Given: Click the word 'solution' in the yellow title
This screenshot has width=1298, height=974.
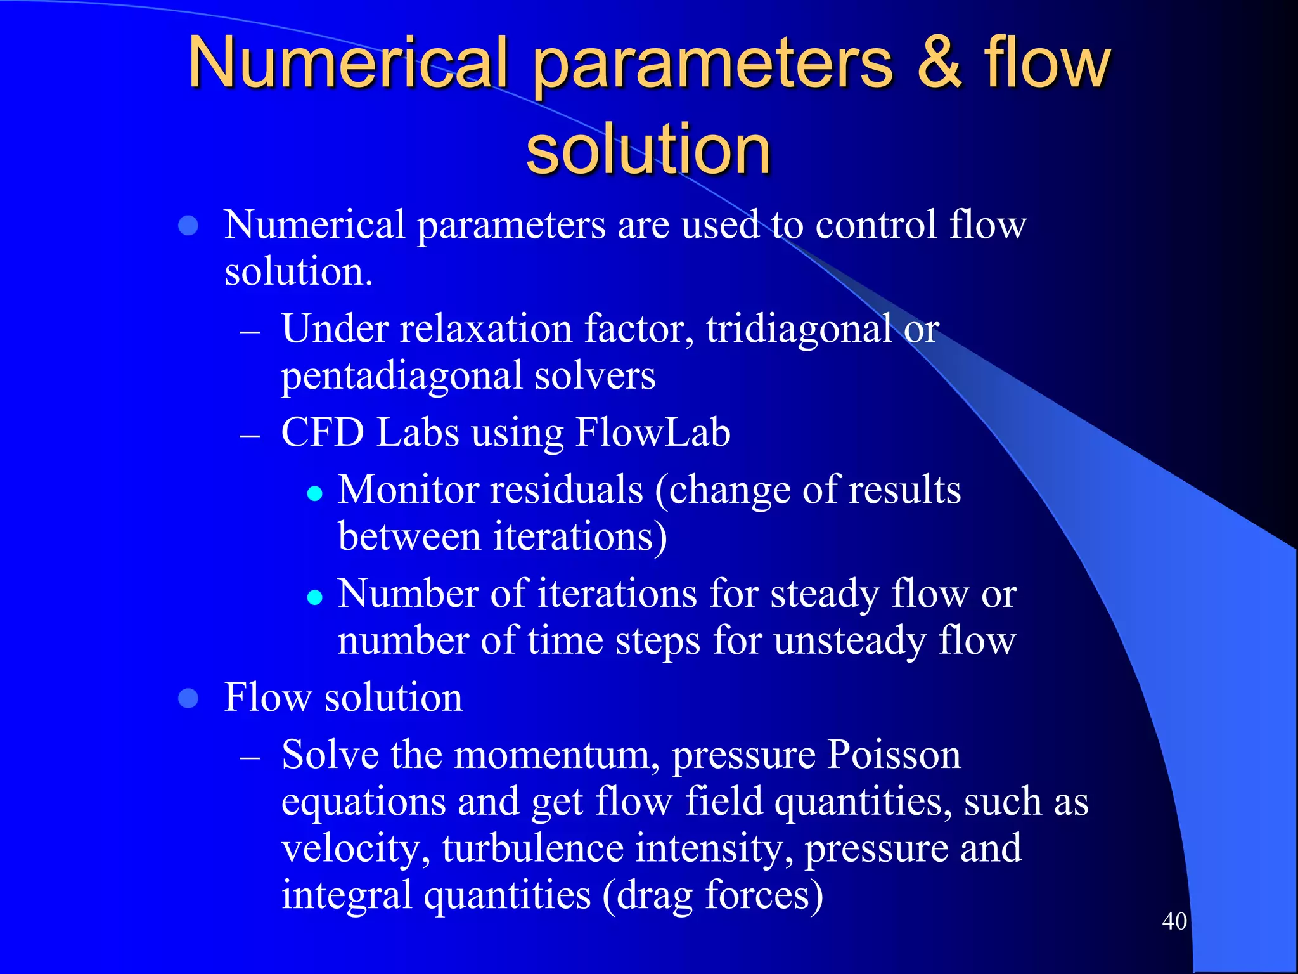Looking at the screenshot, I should click(x=648, y=150).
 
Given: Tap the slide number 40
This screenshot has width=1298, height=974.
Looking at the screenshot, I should click(x=1174, y=921).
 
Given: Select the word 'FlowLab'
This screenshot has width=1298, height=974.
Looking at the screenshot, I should click(x=653, y=432).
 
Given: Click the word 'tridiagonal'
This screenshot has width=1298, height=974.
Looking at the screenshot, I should click(x=799, y=328).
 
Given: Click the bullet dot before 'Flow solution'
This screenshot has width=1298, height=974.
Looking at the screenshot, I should click(x=189, y=698).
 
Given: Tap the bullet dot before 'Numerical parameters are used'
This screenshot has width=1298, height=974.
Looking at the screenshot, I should click(x=189, y=225).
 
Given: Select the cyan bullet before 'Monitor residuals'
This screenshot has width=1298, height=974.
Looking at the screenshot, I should click(x=315, y=493).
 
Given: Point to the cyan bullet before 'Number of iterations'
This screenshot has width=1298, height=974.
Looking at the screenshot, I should click(x=315, y=597).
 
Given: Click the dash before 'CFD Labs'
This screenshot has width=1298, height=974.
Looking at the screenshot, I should click(x=250, y=436).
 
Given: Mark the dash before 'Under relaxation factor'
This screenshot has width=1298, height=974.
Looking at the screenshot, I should click(x=250, y=332).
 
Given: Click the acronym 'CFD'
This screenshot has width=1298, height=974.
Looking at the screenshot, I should click(x=323, y=432).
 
